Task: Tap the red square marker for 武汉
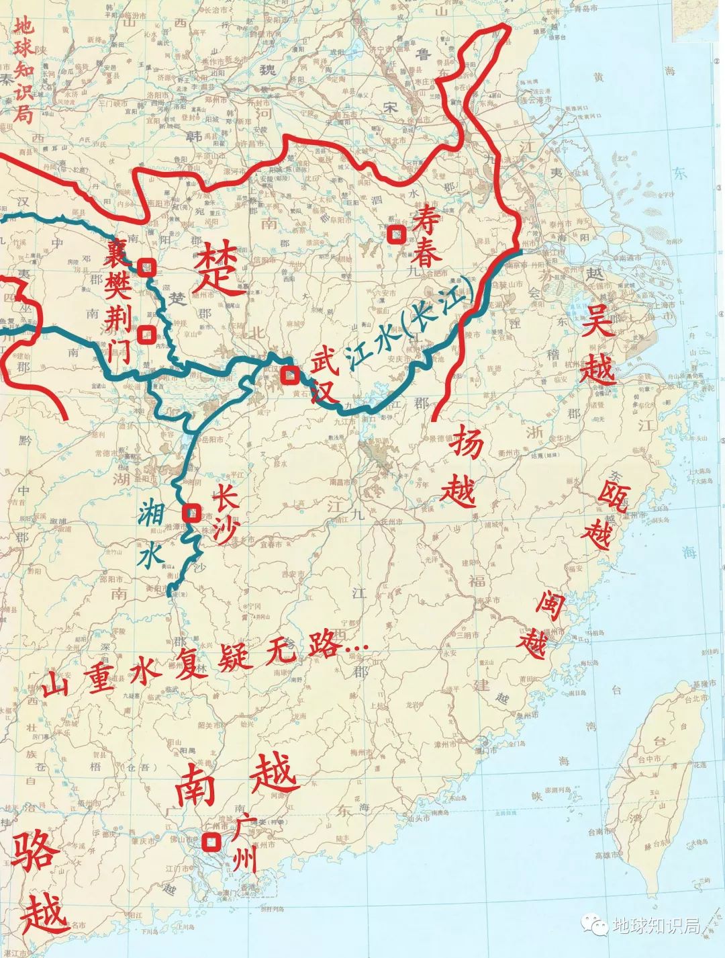pos(289,374)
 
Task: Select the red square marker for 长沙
pos(192,513)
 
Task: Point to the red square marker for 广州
pos(212,842)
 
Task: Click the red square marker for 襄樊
pos(147,267)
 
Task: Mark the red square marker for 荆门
pos(145,334)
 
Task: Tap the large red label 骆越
pos(39,885)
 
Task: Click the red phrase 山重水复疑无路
pos(201,665)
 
